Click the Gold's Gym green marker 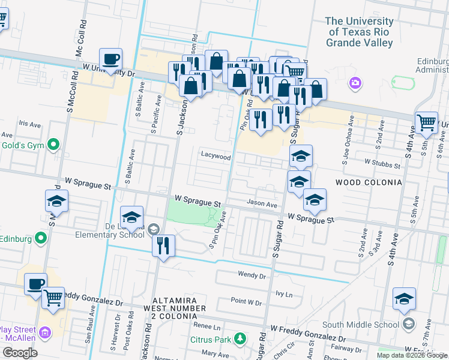53,144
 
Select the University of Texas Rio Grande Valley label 359,32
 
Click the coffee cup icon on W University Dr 110,59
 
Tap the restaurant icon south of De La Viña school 163,245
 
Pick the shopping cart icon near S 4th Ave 426,122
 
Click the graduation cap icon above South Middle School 405,299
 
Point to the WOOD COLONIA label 368,182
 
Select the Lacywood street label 215,156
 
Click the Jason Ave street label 261,205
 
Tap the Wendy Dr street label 252,275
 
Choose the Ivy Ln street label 283,295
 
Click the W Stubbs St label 382,163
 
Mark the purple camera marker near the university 355,82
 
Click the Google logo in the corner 20,353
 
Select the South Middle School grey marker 409,325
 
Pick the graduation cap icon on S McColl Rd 56,202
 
